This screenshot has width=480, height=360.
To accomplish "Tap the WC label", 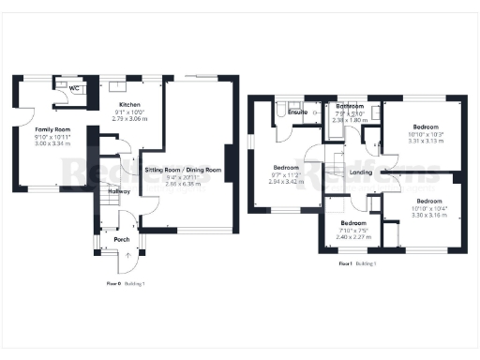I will [74, 88].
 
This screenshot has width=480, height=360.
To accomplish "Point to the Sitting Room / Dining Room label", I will [183, 170].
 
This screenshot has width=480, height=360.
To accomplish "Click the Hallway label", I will [118, 191].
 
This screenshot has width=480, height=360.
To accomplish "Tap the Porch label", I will [121, 239].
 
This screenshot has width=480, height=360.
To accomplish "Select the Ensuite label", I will [298, 112].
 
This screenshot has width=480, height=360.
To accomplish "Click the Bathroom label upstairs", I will [352, 107].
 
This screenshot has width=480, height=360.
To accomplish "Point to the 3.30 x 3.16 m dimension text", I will [428, 215].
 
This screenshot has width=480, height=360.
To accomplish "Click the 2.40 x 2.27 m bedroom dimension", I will [354, 236].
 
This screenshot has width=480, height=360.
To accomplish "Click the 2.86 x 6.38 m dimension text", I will [183, 184].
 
